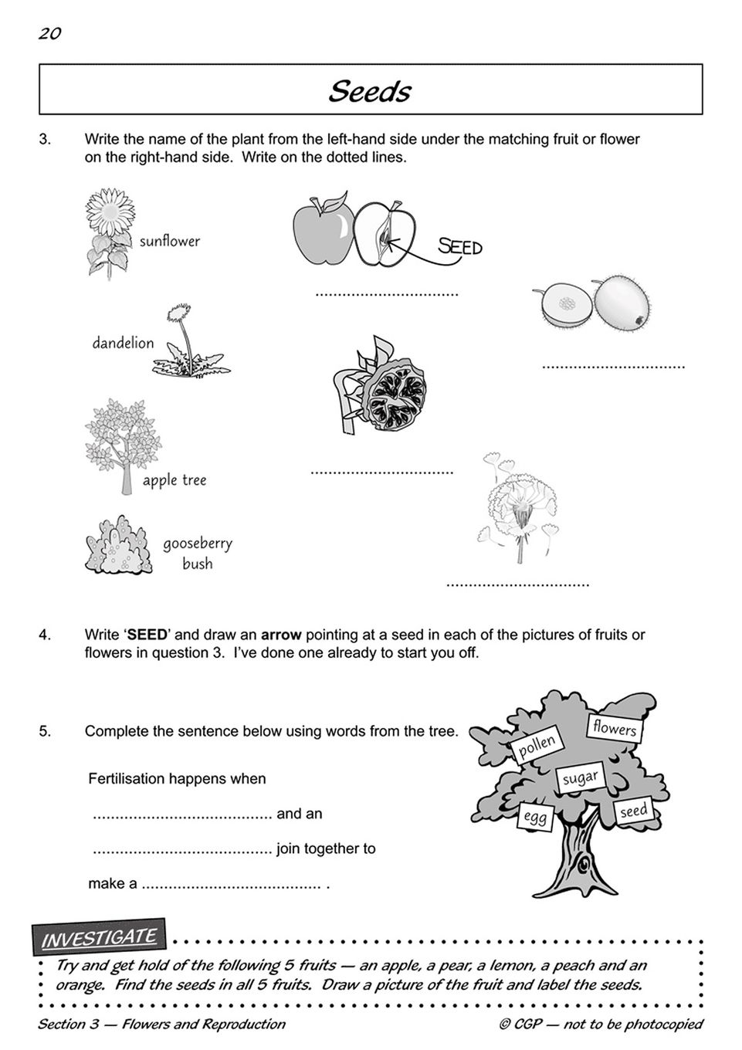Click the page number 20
coord(49,33)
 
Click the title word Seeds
coord(370,91)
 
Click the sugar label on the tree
coord(580,777)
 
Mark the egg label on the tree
coord(534,817)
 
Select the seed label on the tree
coord(633,811)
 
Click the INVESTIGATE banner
coord(99,939)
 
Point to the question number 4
coord(45,635)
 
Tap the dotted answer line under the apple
coord(387,294)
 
